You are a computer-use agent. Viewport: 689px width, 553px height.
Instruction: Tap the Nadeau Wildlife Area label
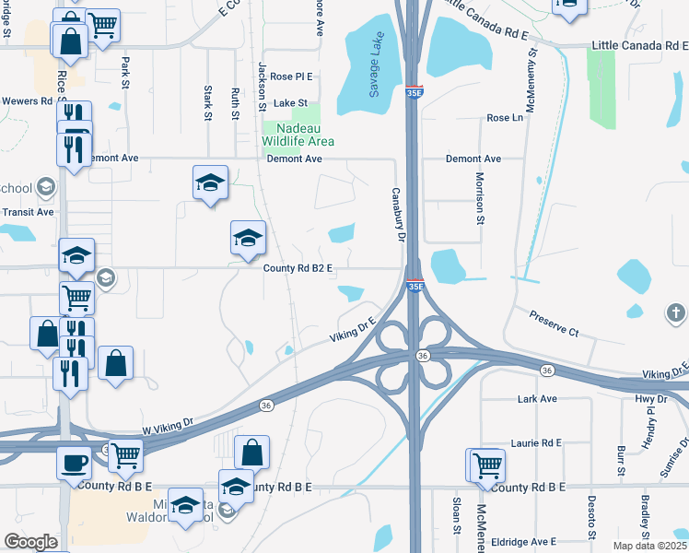pyautogui.click(x=298, y=135)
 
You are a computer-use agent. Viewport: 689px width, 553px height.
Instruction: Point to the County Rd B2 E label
pyautogui.click(x=298, y=268)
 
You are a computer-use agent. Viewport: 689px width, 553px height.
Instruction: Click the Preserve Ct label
pyautogui.click(x=554, y=324)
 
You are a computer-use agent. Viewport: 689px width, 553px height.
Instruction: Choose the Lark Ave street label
pyautogui.click(x=538, y=399)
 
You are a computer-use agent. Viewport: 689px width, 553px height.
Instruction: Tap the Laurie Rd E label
pyautogui.click(x=537, y=443)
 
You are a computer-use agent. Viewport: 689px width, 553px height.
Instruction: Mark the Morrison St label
pyautogui.click(x=480, y=198)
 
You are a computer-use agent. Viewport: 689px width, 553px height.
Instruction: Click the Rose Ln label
pyautogui.click(x=504, y=118)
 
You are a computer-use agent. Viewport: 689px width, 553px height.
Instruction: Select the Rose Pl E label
pyautogui.click(x=292, y=76)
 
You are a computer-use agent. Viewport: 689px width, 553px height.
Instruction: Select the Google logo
pyautogui.click(x=30, y=542)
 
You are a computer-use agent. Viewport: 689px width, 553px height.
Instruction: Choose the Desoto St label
pyautogui.click(x=591, y=515)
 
